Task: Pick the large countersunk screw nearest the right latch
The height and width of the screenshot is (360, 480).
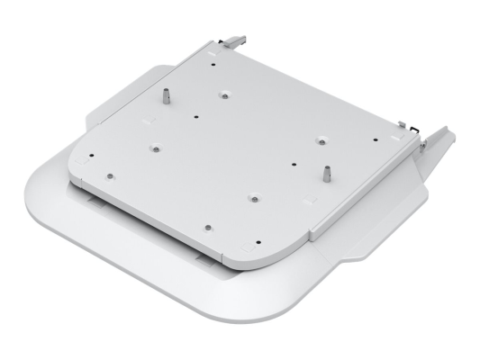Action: (321, 139)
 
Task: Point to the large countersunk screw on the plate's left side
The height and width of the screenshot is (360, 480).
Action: (155, 145)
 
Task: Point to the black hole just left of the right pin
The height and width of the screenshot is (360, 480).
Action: (295, 164)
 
